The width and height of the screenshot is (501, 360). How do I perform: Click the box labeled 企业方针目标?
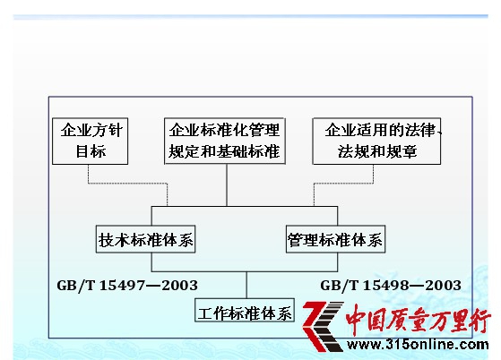[91, 141]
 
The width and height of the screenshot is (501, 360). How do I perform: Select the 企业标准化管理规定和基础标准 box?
[225, 141]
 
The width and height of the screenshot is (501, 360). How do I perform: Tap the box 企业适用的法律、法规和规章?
[376, 141]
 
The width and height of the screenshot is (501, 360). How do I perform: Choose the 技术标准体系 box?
[146, 239]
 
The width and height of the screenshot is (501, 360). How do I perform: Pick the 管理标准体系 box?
[335, 239]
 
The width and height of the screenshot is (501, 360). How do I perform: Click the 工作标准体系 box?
[245, 310]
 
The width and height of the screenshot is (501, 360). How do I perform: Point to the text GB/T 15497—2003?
[127, 286]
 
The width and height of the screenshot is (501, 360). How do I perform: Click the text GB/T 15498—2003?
[391, 286]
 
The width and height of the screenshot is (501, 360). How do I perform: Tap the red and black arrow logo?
[323, 326]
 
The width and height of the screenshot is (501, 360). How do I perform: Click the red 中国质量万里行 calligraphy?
[418, 320]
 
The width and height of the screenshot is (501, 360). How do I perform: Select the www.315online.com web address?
[418, 345]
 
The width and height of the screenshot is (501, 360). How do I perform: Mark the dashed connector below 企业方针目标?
[128, 184]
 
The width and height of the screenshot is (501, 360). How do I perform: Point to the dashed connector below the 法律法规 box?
[344, 184]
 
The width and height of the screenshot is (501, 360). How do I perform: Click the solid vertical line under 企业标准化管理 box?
[227, 185]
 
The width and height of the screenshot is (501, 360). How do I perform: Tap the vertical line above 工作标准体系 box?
[246, 285]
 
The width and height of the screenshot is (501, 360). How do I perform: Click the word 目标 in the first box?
[91, 151]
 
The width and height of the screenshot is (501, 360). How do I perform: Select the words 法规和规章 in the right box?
[377, 151]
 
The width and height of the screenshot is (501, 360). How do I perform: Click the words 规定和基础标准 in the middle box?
[224, 151]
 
